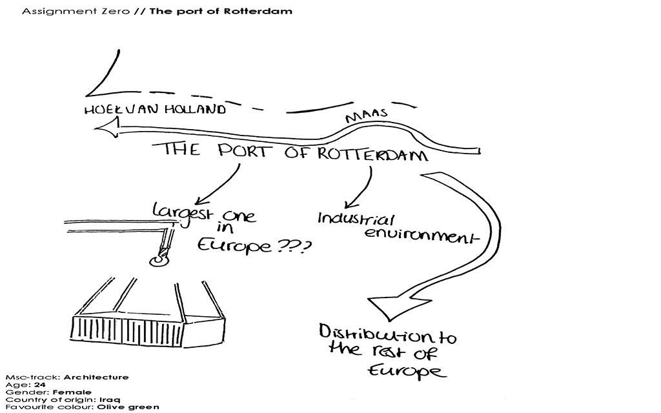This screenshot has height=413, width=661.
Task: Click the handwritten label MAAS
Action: (x=366, y=116)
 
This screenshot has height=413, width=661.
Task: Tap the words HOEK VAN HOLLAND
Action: (x=155, y=110)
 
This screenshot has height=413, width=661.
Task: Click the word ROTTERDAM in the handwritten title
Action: (x=372, y=154)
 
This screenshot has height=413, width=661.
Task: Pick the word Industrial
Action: (x=356, y=218)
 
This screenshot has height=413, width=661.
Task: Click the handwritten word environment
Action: (x=422, y=234)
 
